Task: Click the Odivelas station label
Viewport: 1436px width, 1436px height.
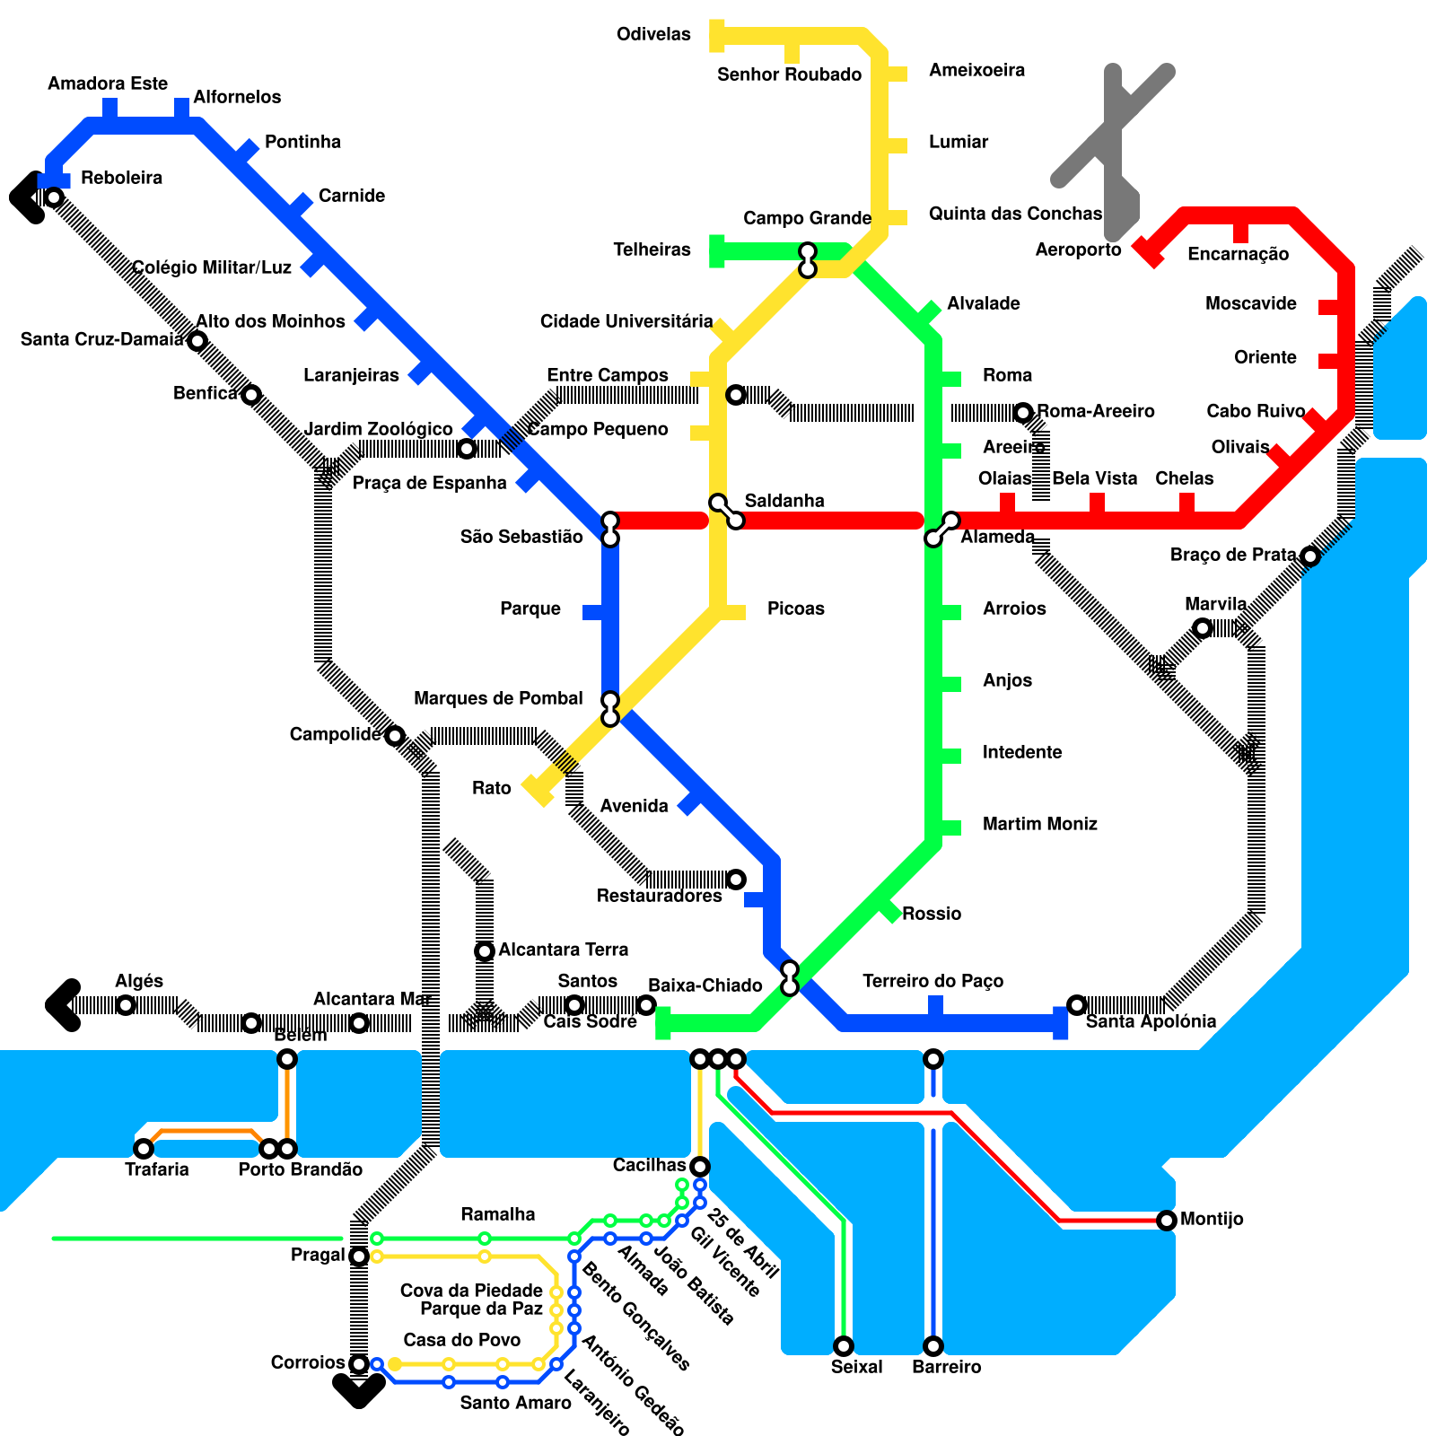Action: pos(653,35)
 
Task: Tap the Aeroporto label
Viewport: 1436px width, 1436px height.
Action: pos(1078,250)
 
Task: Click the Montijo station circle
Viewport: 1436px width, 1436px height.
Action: pos(1167,1221)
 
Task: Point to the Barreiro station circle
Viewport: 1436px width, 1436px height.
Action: pos(933,1346)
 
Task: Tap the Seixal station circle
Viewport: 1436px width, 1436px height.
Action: pos(844,1346)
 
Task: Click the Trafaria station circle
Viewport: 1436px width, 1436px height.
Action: pos(144,1149)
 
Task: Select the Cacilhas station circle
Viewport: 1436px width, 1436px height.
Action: pos(700,1167)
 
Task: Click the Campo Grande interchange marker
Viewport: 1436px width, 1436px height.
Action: pos(808,259)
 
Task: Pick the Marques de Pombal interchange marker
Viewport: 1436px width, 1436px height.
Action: pos(610,708)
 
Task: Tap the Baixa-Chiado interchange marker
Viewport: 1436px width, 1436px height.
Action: pos(790,977)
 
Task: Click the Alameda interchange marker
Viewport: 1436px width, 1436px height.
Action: pos(942,530)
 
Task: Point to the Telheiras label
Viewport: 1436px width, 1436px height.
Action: pos(652,250)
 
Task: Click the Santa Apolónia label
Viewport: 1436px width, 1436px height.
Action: pos(1151,1021)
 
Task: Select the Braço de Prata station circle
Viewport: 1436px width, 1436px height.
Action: pos(1310,556)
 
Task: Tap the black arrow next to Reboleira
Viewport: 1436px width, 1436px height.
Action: pos(27,197)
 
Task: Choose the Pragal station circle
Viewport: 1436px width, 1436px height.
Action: pos(359,1256)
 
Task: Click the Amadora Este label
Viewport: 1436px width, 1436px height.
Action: pos(108,83)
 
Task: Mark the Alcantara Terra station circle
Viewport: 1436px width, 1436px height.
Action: pos(485,951)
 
